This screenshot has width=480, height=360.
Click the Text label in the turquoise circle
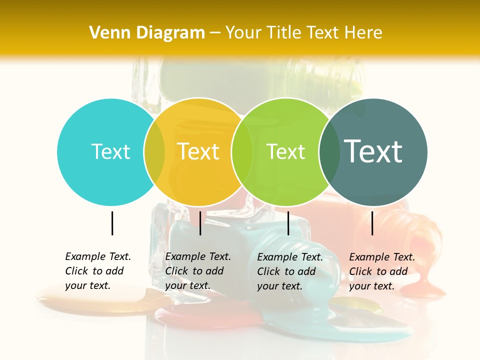pos(110,151)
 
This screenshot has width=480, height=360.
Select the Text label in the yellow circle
pos(198,151)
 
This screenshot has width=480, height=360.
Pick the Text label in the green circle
pos(285,151)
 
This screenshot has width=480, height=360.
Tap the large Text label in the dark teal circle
pos(373,151)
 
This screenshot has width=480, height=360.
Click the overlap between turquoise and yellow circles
pos(154,152)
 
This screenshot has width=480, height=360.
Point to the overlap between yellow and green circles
pos(242,152)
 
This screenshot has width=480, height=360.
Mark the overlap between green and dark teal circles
pos(329,152)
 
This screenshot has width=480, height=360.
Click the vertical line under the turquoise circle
pos(112,223)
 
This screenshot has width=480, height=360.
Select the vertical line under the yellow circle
pos(200,223)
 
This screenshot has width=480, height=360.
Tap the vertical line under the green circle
pos(288,223)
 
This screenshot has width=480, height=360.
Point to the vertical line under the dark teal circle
pos(372,223)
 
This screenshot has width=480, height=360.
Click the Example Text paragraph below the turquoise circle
pos(97,271)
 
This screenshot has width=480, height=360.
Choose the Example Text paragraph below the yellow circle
pos(197,271)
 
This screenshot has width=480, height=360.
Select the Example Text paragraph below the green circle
pos(289,271)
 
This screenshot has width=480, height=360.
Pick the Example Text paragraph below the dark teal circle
pos(381,271)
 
